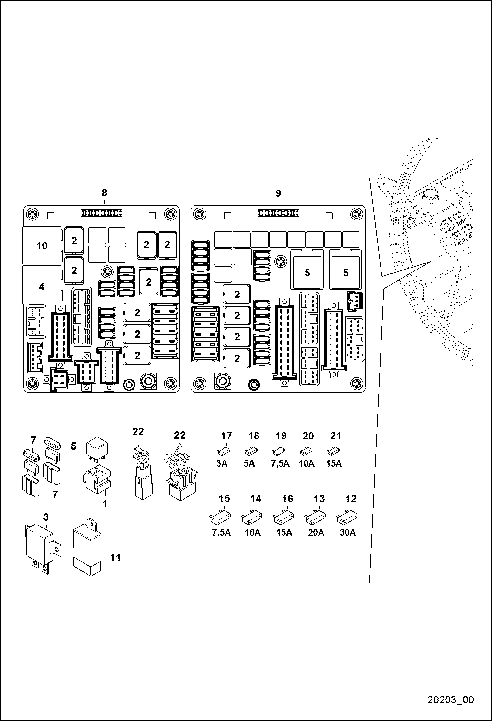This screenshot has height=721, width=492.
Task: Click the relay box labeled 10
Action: tap(42, 245)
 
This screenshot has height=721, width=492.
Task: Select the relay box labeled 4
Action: tap(42, 285)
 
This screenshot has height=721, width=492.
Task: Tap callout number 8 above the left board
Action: tap(104, 193)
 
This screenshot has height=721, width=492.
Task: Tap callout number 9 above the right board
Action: tap(278, 193)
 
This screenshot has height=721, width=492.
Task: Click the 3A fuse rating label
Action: tap(222, 464)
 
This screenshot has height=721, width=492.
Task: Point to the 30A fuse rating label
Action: tap(348, 533)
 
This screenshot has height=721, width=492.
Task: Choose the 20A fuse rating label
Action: tap(316, 533)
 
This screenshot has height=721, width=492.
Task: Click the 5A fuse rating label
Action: tap(249, 464)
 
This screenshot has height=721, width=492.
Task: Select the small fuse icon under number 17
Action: tap(224, 451)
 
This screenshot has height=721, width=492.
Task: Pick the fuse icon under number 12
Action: tap(347, 518)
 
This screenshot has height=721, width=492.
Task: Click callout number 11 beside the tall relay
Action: tap(115, 557)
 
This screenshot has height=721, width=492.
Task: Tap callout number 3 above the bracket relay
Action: tap(46, 517)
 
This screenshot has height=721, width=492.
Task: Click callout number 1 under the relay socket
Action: tap(105, 503)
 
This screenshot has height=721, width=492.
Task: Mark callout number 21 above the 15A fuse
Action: tap(336, 436)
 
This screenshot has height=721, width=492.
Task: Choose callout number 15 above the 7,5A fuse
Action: tap(224, 498)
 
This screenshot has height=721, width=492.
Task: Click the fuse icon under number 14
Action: tap(252, 518)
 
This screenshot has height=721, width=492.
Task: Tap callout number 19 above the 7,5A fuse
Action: tap(281, 436)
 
